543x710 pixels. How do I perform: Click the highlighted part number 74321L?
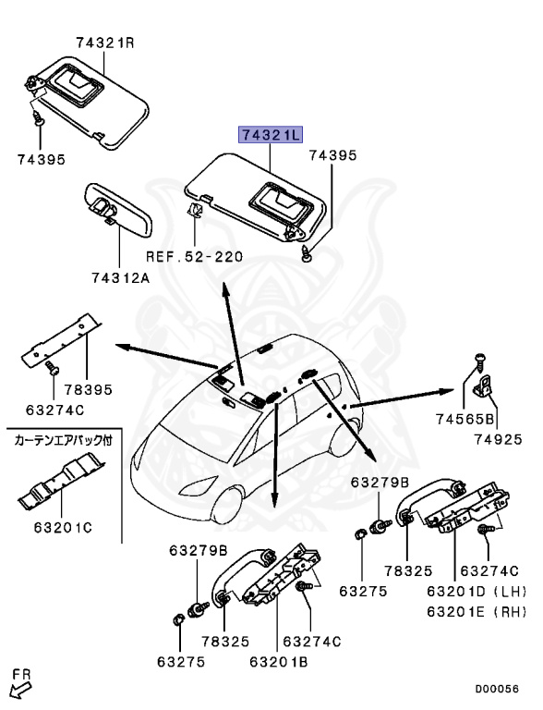(x=271, y=136)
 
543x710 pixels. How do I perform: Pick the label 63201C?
(x=62, y=530)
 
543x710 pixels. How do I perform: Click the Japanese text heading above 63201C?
(x=63, y=441)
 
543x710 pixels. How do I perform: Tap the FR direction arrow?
(x=19, y=683)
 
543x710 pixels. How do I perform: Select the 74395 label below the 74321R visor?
(x=41, y=159)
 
